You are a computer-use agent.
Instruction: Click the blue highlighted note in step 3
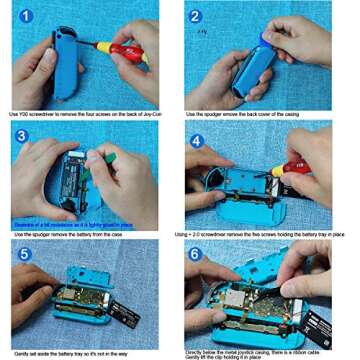[x=65, y=222]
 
